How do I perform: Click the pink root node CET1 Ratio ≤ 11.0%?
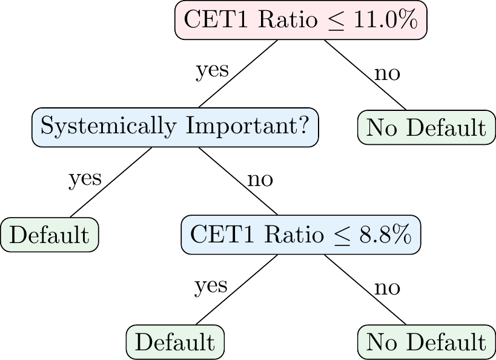tap(301, 20)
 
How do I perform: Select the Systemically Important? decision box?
tap(175, 127)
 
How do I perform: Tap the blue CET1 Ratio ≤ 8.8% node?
tap(301, 235)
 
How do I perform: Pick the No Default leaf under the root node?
tap(426, 127)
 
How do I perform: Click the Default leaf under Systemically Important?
tap(49, 235)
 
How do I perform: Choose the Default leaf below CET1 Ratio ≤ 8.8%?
tap(175, 342)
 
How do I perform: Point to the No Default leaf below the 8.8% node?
tap(426, 342)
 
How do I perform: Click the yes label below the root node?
tap(212, 70)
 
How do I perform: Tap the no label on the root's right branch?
tap(387, 73)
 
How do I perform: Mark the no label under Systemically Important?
tap(260, 180)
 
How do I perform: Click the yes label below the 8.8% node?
tap(211, 286)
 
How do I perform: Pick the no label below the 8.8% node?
tap(387, 288)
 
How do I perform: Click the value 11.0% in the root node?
tap(386, 19)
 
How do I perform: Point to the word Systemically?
tap(108, 126)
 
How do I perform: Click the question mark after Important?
tap(303, 125)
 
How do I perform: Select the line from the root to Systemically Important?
tap(238, 74)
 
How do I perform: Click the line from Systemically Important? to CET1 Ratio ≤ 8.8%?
tap(238, 181)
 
